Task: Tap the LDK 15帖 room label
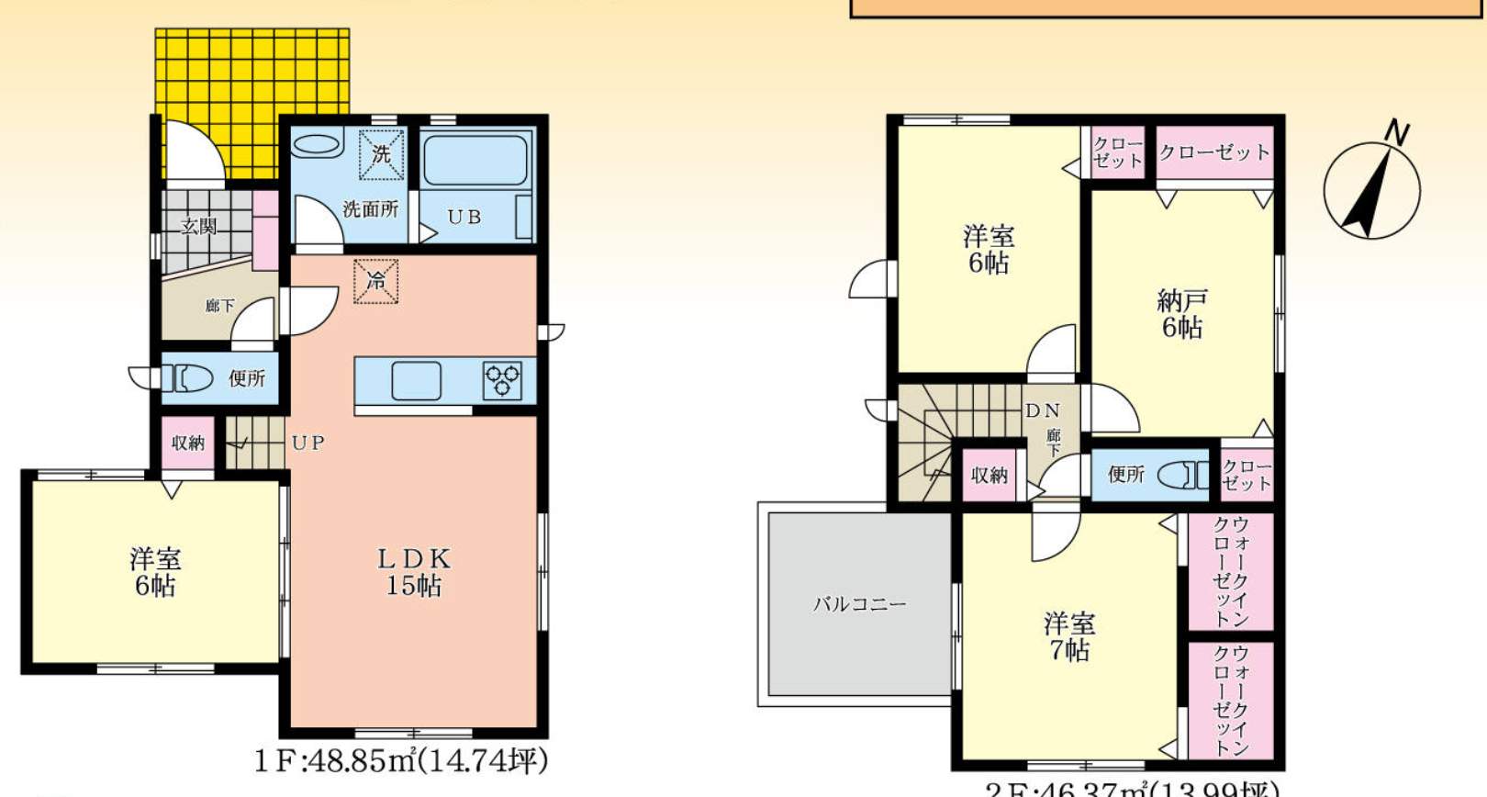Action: point(414,572)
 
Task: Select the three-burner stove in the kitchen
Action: point(502,380)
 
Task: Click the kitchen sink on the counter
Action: point(416,380)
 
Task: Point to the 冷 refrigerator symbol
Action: point(376,281)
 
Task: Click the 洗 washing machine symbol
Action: point(381,154)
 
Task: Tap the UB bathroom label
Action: point(464,218)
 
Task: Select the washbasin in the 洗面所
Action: point(317,145)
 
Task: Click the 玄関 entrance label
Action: point(198,226)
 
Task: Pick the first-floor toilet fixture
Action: point(188,377)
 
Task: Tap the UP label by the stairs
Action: point(307,443)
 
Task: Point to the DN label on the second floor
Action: point(1042,410)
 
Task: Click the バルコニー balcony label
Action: point(859,604)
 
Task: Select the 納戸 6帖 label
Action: point(1181,313)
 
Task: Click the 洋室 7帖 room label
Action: point(1069,636)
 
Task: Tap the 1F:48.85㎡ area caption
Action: point(401,761)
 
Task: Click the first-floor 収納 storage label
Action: point(188,443)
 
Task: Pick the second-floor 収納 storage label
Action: point(989,475)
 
